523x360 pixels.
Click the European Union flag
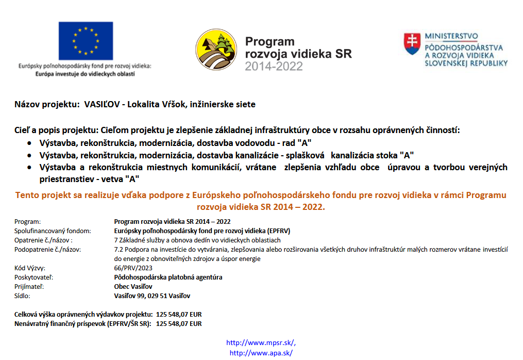[86, 41]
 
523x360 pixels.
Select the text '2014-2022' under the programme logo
[274, 66]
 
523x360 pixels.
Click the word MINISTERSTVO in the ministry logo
[451, 36]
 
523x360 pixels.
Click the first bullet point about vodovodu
[175, 142]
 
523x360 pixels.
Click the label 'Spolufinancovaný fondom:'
[53, 231]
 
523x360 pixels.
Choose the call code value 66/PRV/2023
[133, 268]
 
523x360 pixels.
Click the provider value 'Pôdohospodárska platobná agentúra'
[168, 277]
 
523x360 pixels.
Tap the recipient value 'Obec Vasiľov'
[133, 287]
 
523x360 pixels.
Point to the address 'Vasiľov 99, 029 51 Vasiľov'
[152, 296]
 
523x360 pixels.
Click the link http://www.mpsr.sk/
[261, 342]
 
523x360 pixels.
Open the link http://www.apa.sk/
[261, 353]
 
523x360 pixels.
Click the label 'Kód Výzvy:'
[30, 268]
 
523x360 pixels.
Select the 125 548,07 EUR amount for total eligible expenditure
[179, 314]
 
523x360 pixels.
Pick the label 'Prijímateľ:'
[29, 287]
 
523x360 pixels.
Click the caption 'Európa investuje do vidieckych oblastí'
[85, 74]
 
